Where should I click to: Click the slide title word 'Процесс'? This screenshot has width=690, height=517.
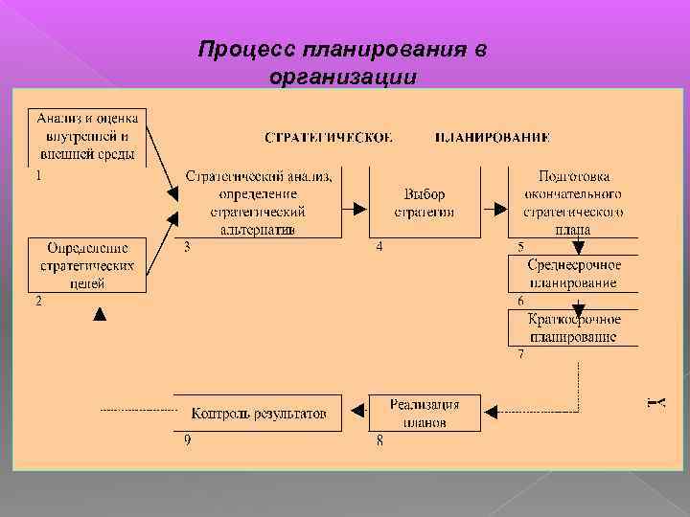(x=246, y=49)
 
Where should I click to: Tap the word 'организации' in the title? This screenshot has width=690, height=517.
(x=343, y=77)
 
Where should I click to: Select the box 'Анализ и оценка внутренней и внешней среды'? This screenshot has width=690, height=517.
(x=87, y=137)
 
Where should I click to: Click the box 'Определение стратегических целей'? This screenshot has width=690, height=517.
(x=87, y=263)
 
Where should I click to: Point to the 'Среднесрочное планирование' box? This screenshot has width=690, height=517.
(x=574, y=273)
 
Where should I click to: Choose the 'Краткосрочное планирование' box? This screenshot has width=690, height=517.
(x=574, y=327)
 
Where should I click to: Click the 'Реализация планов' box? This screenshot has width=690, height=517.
(x=424, y=413)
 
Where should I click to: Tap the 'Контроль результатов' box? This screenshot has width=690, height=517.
(x=259, y=414)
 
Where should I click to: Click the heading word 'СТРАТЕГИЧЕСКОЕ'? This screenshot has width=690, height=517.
(x=328, y=138)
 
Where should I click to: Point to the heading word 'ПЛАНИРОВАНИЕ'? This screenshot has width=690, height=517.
(x=492, y=138)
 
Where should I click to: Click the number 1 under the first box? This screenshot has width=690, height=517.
(x=36, y=176)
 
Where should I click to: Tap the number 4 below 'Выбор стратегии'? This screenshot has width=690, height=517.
(x=379, y=246)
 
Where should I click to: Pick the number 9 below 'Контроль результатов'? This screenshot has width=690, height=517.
(x=188, y=439)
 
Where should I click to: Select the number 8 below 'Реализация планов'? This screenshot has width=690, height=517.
(x=379, y=439)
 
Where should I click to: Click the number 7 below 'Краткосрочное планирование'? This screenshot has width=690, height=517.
(x=520, y=354)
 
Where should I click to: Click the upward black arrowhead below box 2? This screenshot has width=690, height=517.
(x=99, y=312)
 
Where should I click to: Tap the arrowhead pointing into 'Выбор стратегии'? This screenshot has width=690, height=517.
(x=361, y=208)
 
